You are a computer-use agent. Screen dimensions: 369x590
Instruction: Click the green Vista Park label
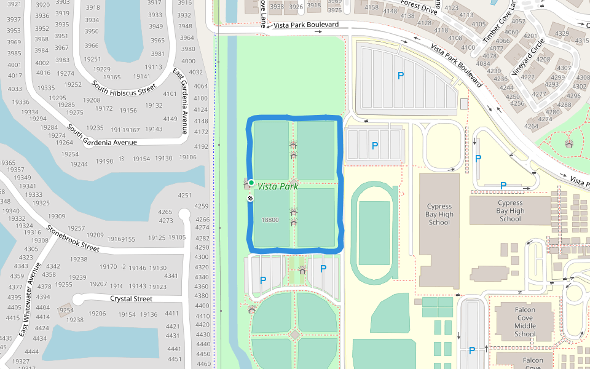pos(278,186)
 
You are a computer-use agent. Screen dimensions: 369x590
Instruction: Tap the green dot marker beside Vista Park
pos(251,183)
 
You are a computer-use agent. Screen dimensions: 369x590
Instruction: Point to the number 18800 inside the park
pos(270,220)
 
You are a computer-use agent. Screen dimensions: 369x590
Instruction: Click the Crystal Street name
pos(131,299)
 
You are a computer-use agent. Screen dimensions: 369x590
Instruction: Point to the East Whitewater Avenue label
pos(29,300)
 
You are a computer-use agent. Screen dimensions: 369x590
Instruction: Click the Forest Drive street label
pos(419,7)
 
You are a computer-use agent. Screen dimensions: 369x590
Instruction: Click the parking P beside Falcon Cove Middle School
pos(472,351)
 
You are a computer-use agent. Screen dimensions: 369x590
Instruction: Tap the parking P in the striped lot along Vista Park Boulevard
pos(401,76)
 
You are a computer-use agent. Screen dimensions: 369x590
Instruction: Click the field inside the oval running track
pos(374,232)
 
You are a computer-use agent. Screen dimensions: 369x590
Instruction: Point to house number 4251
pos(184,196)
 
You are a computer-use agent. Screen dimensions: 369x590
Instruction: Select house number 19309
pos(56,216)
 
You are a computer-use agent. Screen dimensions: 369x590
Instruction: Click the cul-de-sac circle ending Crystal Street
pos(77,300)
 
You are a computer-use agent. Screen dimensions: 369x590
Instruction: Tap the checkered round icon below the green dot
pos(251,198)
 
